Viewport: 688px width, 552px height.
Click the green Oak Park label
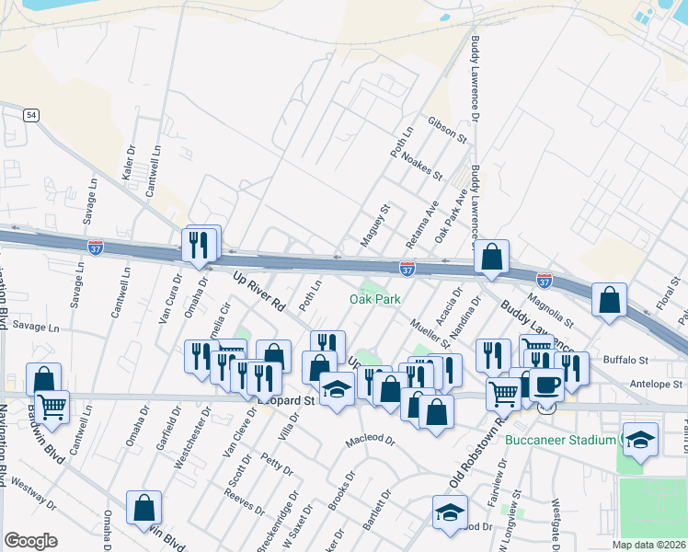375,300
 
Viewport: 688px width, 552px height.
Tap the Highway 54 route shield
32,114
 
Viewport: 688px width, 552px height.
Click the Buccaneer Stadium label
563,440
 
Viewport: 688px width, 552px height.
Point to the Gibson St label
447,130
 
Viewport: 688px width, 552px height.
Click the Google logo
30,541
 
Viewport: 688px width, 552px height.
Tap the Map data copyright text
648,545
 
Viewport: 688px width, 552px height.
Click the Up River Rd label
259,288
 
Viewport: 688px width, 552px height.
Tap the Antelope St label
656,384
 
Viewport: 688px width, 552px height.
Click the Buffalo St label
626,361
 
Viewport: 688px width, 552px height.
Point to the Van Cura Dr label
166,301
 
